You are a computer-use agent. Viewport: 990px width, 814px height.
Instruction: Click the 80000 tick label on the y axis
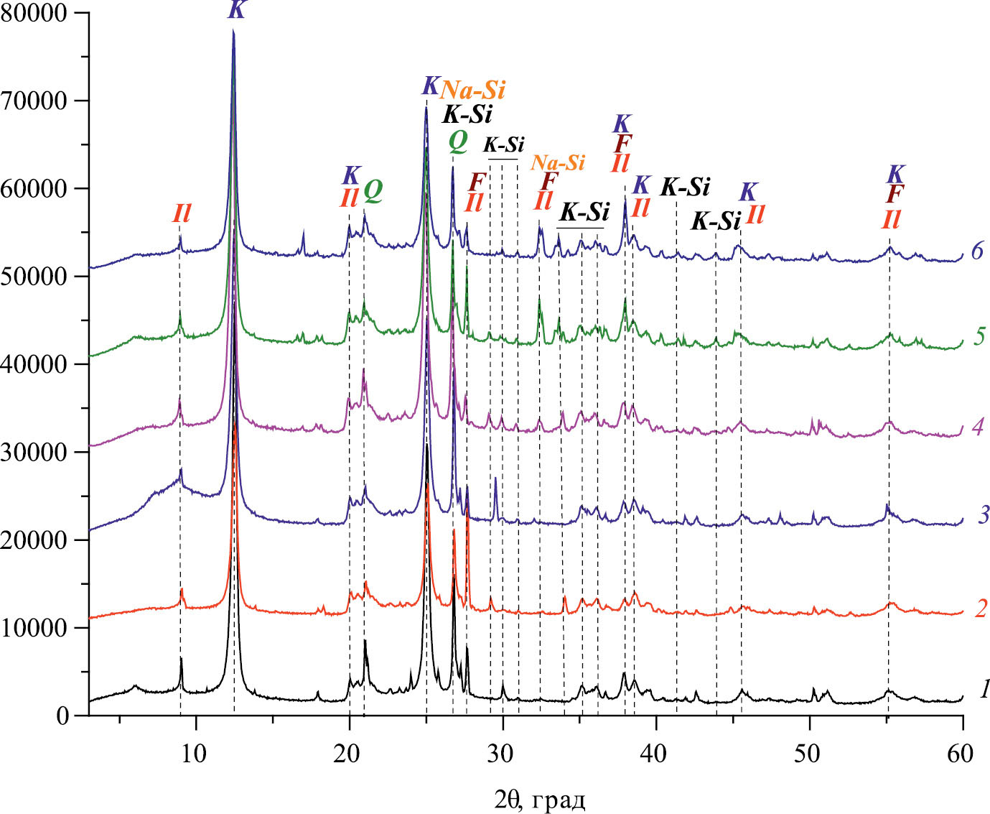[x=35, y=14]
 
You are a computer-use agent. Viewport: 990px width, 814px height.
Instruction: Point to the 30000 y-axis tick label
[x=35, y=453]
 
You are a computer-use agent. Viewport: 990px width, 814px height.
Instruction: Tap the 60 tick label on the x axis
[x=961, y=754]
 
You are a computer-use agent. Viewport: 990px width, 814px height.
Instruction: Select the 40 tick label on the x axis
[x=654, y=754]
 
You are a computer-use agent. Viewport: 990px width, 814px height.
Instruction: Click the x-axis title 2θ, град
[x=539, y=798]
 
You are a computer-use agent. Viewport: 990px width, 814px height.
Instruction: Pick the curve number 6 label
[x=976, y=251]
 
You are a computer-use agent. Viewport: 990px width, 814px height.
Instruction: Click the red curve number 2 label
[x=981, y=609]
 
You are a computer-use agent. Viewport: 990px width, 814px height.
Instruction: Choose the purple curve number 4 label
[x=977, y=427]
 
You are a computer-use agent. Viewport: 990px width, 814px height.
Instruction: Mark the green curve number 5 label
[x=979, y=336]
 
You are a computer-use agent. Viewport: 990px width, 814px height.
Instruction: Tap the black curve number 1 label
[x=984, y=690]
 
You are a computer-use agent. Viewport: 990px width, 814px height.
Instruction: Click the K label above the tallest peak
[x=235, y=10]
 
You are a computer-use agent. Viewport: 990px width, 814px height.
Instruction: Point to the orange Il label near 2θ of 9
[x=182, y=213]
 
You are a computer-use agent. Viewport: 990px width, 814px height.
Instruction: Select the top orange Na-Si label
[x=473, y=90]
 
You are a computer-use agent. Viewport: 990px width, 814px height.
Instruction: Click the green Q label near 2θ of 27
[x=457, y=142]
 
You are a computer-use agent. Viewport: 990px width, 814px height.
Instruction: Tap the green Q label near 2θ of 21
[x=373, y=190]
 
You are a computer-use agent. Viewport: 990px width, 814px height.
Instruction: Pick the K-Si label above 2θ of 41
[x=685, y=188]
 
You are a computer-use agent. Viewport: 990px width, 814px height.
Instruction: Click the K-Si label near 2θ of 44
[x=715, y=221]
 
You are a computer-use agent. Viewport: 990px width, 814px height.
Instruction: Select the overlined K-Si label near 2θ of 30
[x=503, y=144]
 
